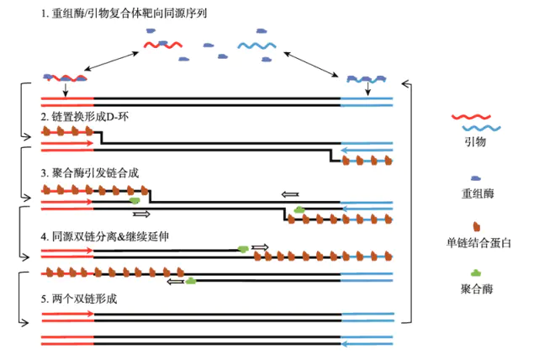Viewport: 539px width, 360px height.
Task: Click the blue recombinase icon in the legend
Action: pos(476,177)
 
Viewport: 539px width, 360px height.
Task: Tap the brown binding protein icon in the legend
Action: pos(476,226)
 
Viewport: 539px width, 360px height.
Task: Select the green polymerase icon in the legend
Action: pos(476,273)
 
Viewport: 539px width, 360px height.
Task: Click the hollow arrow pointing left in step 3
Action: pos(289,193)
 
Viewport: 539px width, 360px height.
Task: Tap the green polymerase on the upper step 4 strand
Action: pos(243,248)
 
